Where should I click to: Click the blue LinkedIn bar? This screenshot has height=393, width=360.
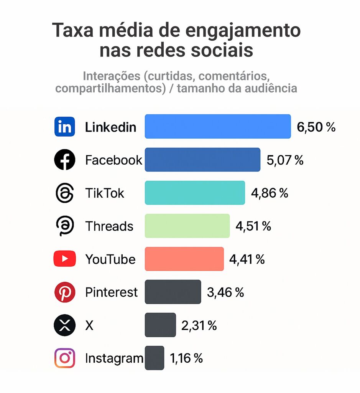218,126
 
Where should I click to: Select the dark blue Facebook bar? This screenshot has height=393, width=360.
202,160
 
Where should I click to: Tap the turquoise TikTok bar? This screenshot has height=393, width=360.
195,193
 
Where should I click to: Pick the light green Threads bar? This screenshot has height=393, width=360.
187,226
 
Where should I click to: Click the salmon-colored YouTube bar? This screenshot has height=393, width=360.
184,259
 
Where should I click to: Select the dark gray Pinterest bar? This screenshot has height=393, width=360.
173,292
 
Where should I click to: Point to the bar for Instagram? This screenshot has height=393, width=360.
154,358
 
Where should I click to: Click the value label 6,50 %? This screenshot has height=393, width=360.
316,127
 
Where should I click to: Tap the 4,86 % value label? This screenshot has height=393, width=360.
270,193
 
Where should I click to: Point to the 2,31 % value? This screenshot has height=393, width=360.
199,325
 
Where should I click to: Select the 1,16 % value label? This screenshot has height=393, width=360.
186,358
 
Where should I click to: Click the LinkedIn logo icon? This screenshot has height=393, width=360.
64,127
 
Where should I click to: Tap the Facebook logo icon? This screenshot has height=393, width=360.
64,160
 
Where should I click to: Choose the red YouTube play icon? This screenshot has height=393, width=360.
64,259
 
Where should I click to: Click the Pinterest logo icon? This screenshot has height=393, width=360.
64,292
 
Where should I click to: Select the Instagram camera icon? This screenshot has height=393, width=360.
64,358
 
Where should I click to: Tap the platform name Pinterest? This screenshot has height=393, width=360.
111,292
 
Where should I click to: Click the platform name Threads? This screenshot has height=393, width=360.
109,226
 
